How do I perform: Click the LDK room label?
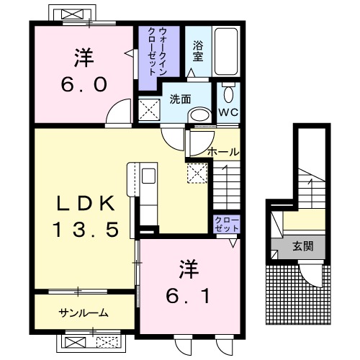coord(86,203)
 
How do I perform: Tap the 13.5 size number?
coord(86,230)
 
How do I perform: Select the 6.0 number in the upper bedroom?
coord(84,84)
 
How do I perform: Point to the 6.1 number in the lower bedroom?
coord(188,296)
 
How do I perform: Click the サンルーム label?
coord(84,312)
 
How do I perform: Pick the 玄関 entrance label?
coord(303,246)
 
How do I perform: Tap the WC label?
coord(228,112)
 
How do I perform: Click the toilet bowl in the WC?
coord(228,94)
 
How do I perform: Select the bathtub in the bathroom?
coord(226,51)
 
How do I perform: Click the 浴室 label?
coord(198,51)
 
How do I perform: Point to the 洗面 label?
coord(180,99)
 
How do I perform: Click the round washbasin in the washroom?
coord(200,115)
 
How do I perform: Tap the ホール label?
coord(223,152)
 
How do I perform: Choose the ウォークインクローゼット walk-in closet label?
coord(156,52)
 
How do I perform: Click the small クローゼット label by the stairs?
coord(227,224)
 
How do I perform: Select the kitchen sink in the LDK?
coord(148,176)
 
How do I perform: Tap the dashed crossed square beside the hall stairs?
coord(197,174)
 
